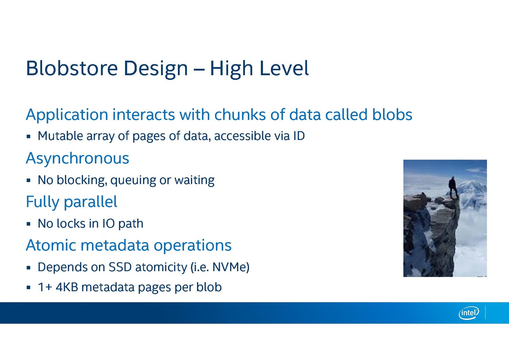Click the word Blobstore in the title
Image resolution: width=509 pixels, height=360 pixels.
(x=72, y=68)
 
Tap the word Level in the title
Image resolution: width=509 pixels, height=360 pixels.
(x=284, y=68)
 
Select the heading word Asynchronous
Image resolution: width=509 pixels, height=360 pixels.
(x=78, y=159)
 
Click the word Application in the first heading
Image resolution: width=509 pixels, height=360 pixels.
(x=67, y=115)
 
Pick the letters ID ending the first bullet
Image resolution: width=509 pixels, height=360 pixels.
(x=299, y=136)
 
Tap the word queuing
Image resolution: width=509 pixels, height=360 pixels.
(x=133, y=180)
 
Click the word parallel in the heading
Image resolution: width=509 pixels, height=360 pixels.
(x=91, y=201)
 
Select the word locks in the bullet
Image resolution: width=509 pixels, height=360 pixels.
(x=71, y=223)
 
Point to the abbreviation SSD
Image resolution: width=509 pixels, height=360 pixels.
(x=120, y=267)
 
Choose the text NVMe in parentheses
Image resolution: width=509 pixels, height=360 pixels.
(x=229, y=267)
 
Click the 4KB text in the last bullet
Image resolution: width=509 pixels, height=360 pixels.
(x=67, y=287)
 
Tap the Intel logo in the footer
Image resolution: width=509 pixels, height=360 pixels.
(x=469, y=313)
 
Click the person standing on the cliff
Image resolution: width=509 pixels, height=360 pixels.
(x=453, y=187)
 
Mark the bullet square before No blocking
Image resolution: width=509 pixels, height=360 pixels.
(x=28, y=180)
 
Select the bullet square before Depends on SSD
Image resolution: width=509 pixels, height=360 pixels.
(x=28, y=268)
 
